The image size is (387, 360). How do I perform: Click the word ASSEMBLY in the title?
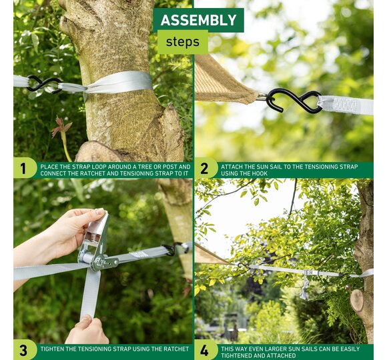click(198, 20)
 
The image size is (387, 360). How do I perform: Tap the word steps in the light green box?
click(183, 42)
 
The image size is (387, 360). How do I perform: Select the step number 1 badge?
click(23, 169)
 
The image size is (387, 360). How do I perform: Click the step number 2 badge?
click(204, 169)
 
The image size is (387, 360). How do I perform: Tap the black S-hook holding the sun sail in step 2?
click(294, 101)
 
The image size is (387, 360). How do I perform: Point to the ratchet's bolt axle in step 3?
click(99, 261)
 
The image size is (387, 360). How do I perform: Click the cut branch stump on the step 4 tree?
click(357, 300)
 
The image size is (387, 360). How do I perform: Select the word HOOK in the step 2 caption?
click(260, 173)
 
